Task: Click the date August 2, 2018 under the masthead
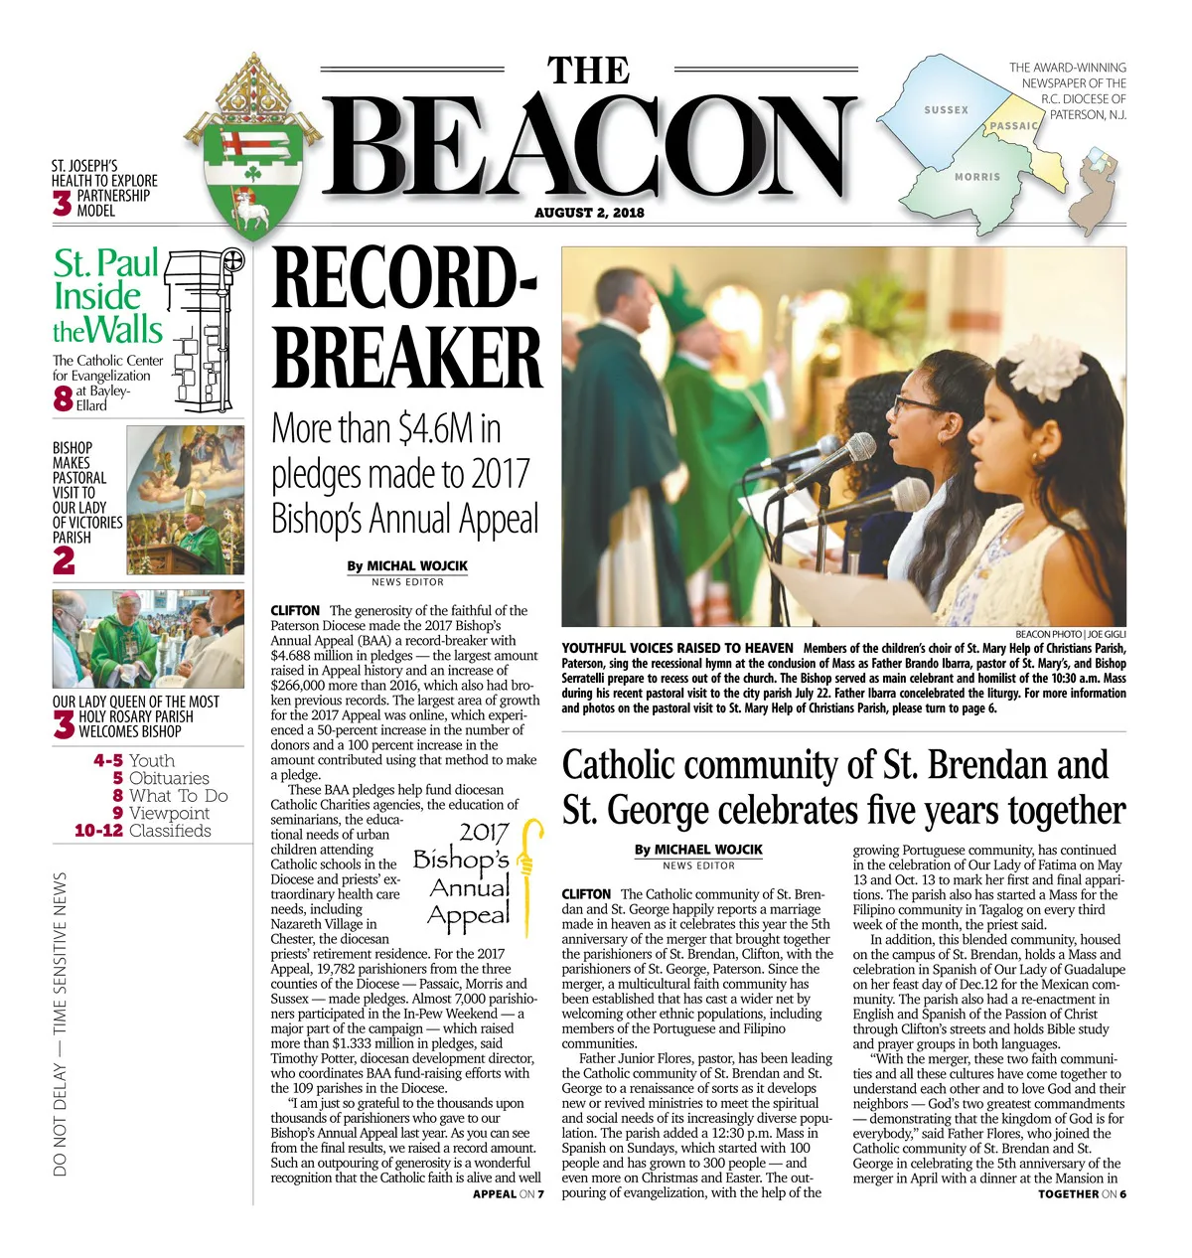pyautogui.click(x=589, y=213)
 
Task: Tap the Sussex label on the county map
pyautogui.click(x=946, y=110)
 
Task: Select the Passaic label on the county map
pyautogui.click(x=1014, y=126)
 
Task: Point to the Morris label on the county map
pyautogui.click(x=977, y=177)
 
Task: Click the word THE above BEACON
pyautogui.click(x=589, y=72)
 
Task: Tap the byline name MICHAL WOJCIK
pyautogui.click(x=417, y=565)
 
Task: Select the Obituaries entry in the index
pyautogui.click(x=169, y=778)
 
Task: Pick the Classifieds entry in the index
pyautogui.click(x=170, y=831)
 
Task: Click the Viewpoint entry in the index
pyautogui.click(x=170, y=813)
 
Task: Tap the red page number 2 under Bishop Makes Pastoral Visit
pyautogui.click(x=65, y=561)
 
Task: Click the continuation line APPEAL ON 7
pyautogui.click(x=508, y=1193)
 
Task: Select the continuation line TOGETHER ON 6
pyautogui.click(x=1082, y=1193)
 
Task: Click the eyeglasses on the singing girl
pyautogui.click(x=918, y=404)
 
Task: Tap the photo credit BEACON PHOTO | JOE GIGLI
pyautogui.click(x=1070, y=634)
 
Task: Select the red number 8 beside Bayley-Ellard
pyautogui.click(x=63, y=398)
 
